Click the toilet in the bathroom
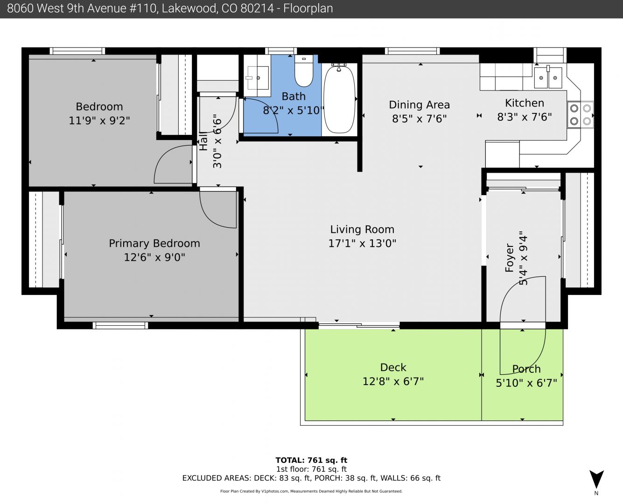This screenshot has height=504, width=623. click(x=304, y=71)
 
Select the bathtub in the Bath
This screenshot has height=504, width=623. click(x=339, y=99)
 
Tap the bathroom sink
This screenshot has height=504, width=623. click(x=258, y=78)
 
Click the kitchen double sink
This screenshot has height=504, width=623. click(x=548, y=77)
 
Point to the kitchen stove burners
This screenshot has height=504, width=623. click(x=580, y=115)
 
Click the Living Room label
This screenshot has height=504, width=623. click(x=362, y=229)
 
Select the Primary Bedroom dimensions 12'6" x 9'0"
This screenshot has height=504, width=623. click(x=154, y=258)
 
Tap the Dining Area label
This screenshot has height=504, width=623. click(x=419, y=105)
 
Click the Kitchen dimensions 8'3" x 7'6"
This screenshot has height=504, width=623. click(x=525, y=117)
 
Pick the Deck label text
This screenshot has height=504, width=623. click(x=393, y=367)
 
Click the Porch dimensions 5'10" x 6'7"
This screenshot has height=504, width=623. click(x=526, y=383)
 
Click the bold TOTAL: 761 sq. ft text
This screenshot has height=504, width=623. click(x=311, y=461)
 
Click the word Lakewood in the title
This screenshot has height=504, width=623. click(x=189, y=8)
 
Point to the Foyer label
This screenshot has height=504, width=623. click(x=510, y=258)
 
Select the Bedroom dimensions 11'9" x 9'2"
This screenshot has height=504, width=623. click(x=99, y=120)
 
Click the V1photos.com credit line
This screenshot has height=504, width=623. click(x=311, y=491)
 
